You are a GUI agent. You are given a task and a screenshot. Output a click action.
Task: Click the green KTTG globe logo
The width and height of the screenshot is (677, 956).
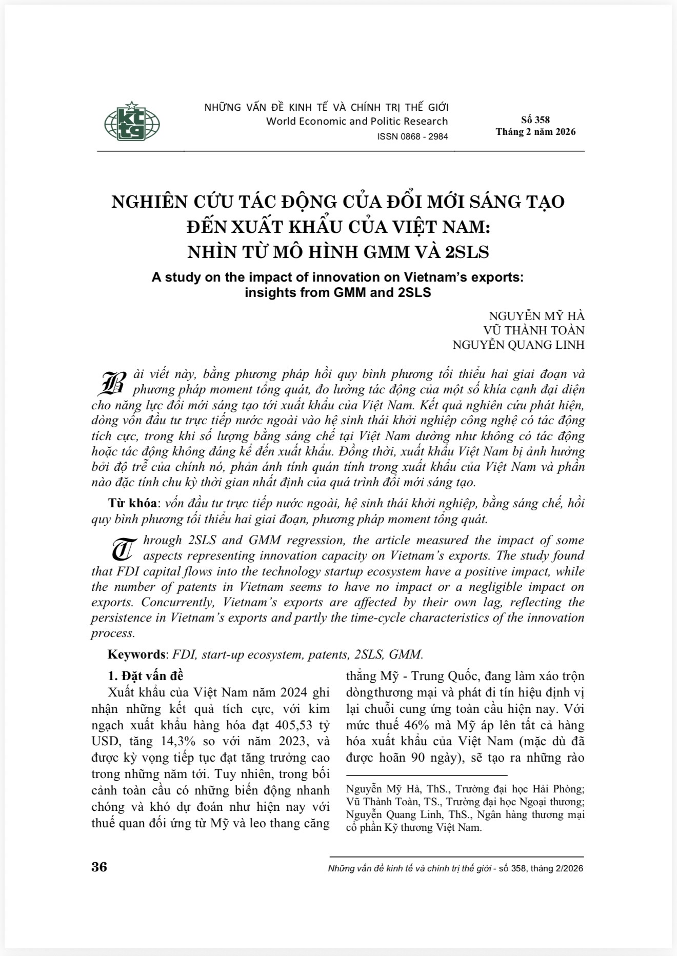[132, 122]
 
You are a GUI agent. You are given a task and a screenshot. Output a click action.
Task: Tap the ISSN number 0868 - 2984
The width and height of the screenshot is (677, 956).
[412, 136]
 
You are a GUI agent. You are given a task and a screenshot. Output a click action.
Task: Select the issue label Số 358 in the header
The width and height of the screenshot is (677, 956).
[535, 120]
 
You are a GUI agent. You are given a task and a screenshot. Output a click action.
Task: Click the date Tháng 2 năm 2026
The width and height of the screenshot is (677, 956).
[535, 132]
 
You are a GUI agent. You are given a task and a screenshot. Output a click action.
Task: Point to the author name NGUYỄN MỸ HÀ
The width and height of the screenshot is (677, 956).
[536, 316]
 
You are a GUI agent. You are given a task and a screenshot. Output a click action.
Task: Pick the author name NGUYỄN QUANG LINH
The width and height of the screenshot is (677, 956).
[518, 345]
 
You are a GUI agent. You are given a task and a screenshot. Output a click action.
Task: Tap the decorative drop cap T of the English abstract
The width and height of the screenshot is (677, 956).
[124, 549]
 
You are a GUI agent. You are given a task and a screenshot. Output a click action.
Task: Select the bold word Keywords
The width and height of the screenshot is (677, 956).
[136, 654]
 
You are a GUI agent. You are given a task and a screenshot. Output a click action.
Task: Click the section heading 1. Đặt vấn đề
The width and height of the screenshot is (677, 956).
[145, 675]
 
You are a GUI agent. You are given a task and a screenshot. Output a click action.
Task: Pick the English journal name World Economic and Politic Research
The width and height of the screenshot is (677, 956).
[357, 122]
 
